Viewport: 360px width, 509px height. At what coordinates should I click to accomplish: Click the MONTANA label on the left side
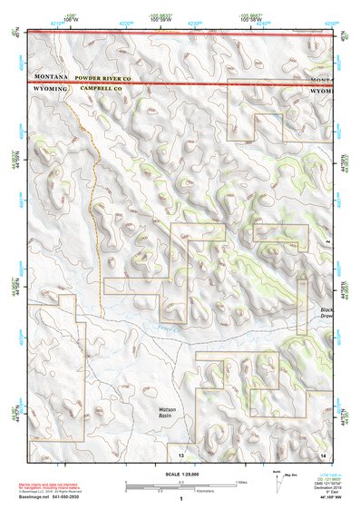53,79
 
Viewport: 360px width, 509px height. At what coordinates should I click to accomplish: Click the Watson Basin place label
160,413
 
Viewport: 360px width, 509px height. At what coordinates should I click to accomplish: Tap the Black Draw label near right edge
326,316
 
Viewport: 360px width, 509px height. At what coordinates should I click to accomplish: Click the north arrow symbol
276,479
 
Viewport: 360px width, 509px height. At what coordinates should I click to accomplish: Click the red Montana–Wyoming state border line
181,83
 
